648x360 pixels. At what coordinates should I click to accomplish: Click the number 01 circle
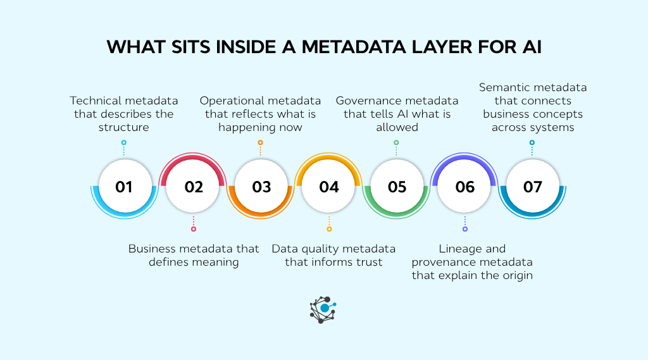(x=124, y=187)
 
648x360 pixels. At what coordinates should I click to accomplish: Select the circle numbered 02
(x=194, y=187)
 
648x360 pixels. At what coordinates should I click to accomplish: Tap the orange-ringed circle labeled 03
(x=261, y=187)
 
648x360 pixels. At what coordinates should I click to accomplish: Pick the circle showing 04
(x=329, y=187)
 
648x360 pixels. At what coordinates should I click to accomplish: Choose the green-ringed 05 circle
(x=397, y=187)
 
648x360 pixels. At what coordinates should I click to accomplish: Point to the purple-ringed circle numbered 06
(x=465, y=187)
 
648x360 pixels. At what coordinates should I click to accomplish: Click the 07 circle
(x=533, y=187)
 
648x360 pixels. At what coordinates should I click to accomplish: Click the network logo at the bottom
(x=323, y=309)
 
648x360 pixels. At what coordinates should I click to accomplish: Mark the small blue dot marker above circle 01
(x=124, y=143)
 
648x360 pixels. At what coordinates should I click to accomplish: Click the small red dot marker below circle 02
(x=194, y=229)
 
